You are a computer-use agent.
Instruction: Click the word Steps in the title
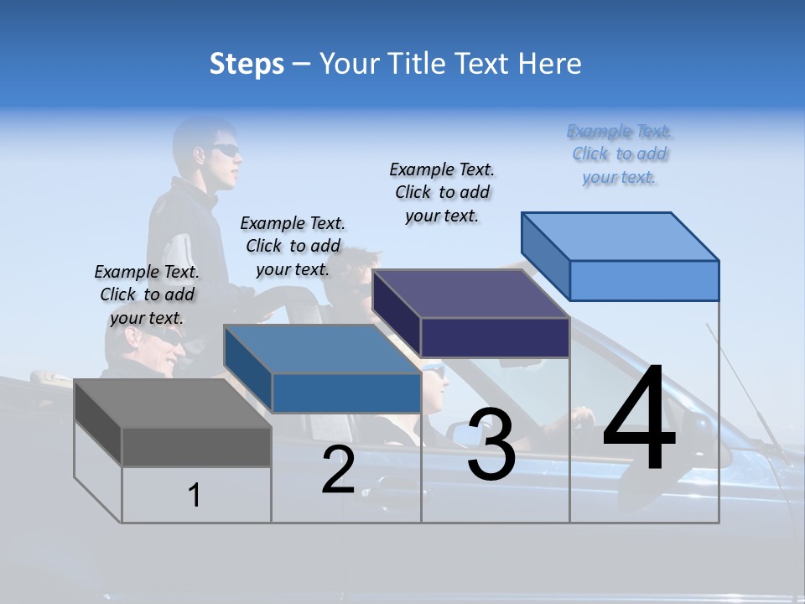coord(247,64)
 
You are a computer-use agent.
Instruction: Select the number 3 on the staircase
coord(491,445)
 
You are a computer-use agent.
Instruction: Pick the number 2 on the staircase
coord(338,470)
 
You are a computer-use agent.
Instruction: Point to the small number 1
coord(195,496)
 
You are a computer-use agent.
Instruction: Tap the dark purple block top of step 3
coord(470,294)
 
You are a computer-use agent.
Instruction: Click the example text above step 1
coord(147,294)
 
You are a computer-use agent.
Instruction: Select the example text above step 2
coord(293,246)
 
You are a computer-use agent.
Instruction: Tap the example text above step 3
coord(442,192)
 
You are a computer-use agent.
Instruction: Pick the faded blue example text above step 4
coord(620,154)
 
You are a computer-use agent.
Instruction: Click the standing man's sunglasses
coord(224,151)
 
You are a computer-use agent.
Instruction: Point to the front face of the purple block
coord(495,338)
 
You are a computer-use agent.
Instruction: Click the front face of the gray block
coord(196,447)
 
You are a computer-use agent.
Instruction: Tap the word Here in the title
coord(550,64)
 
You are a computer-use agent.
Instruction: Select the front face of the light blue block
coord(644,280)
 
